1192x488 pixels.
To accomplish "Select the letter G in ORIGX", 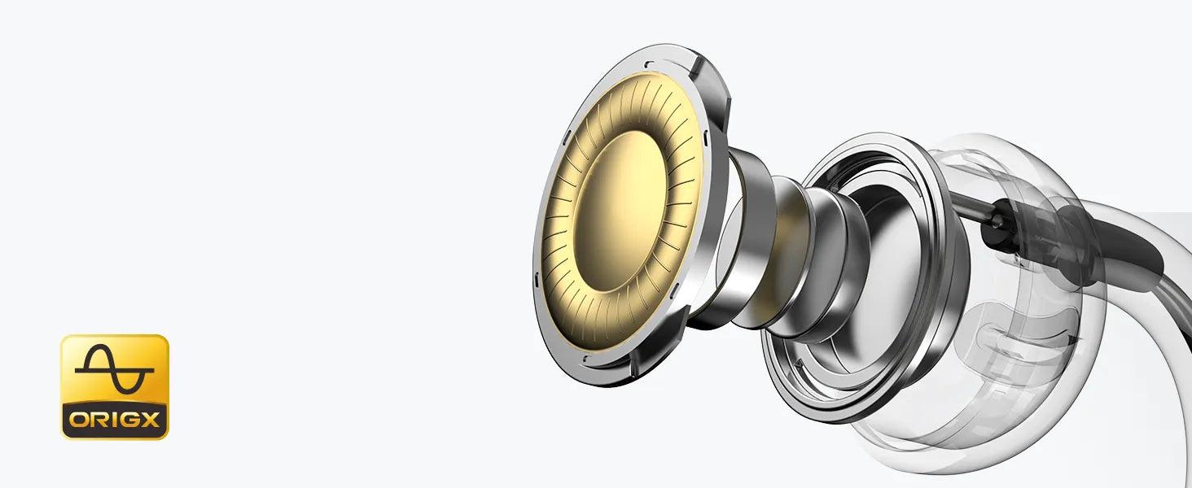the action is [128, 420].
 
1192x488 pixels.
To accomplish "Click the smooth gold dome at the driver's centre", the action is [620, 211].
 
